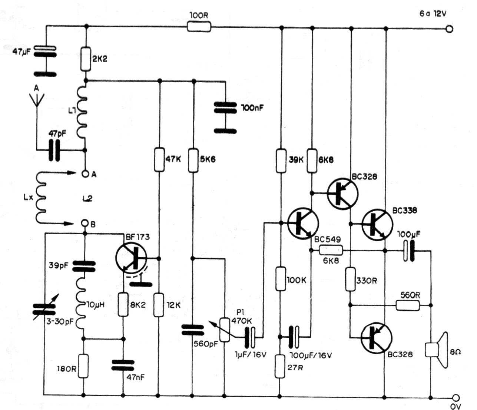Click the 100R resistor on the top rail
199,27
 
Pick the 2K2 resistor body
86,59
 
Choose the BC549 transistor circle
303,223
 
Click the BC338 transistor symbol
377,225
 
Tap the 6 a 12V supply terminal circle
450,29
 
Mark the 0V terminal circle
456,397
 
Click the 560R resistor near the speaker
408,305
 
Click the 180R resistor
84,366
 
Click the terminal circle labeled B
85,223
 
